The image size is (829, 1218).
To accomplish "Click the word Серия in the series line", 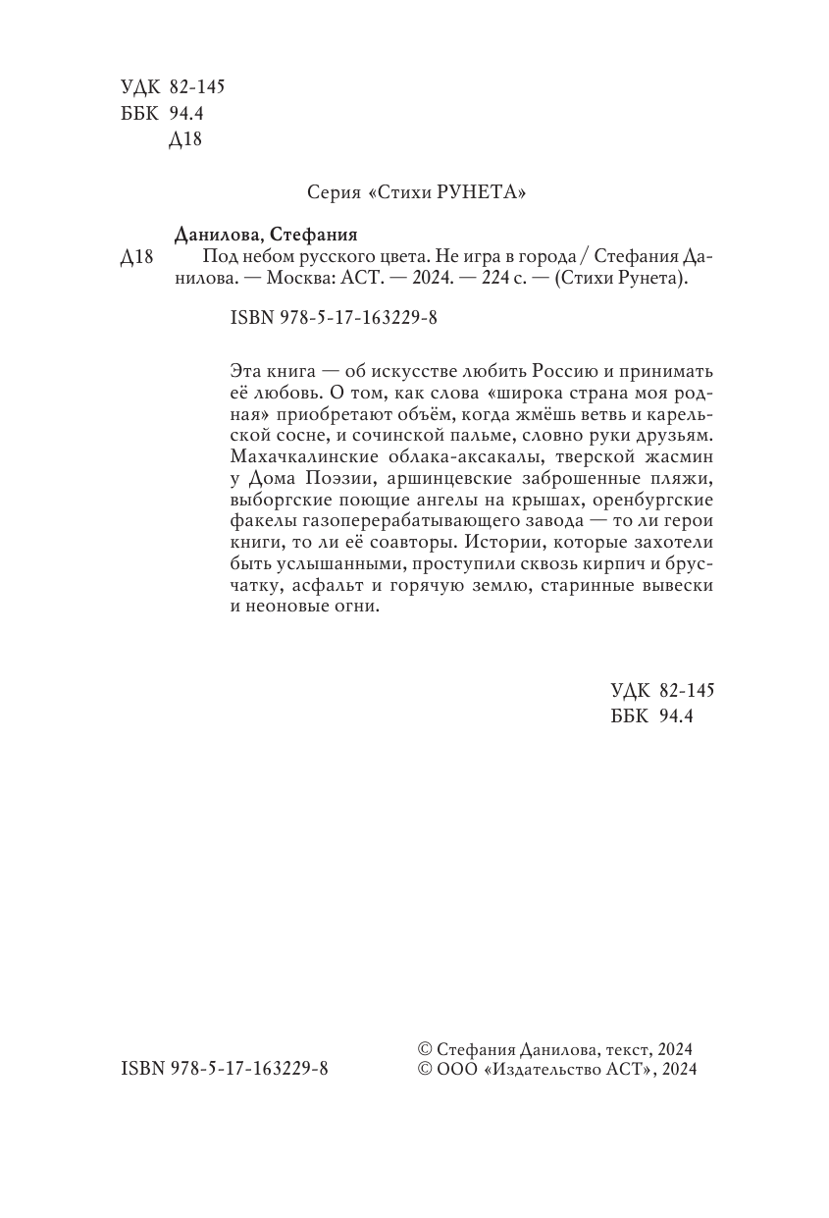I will point(331,192).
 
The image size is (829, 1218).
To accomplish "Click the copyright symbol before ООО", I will point(425,1070).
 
